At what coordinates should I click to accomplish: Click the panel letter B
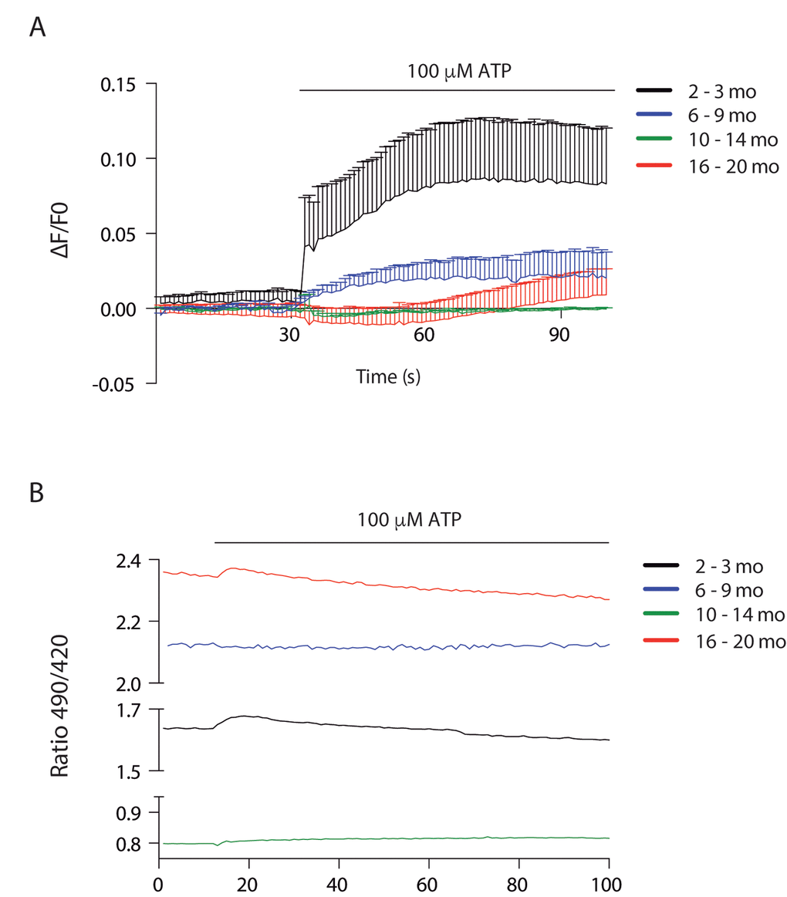(36, 494)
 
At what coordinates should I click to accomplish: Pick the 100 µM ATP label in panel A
(461, 72)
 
